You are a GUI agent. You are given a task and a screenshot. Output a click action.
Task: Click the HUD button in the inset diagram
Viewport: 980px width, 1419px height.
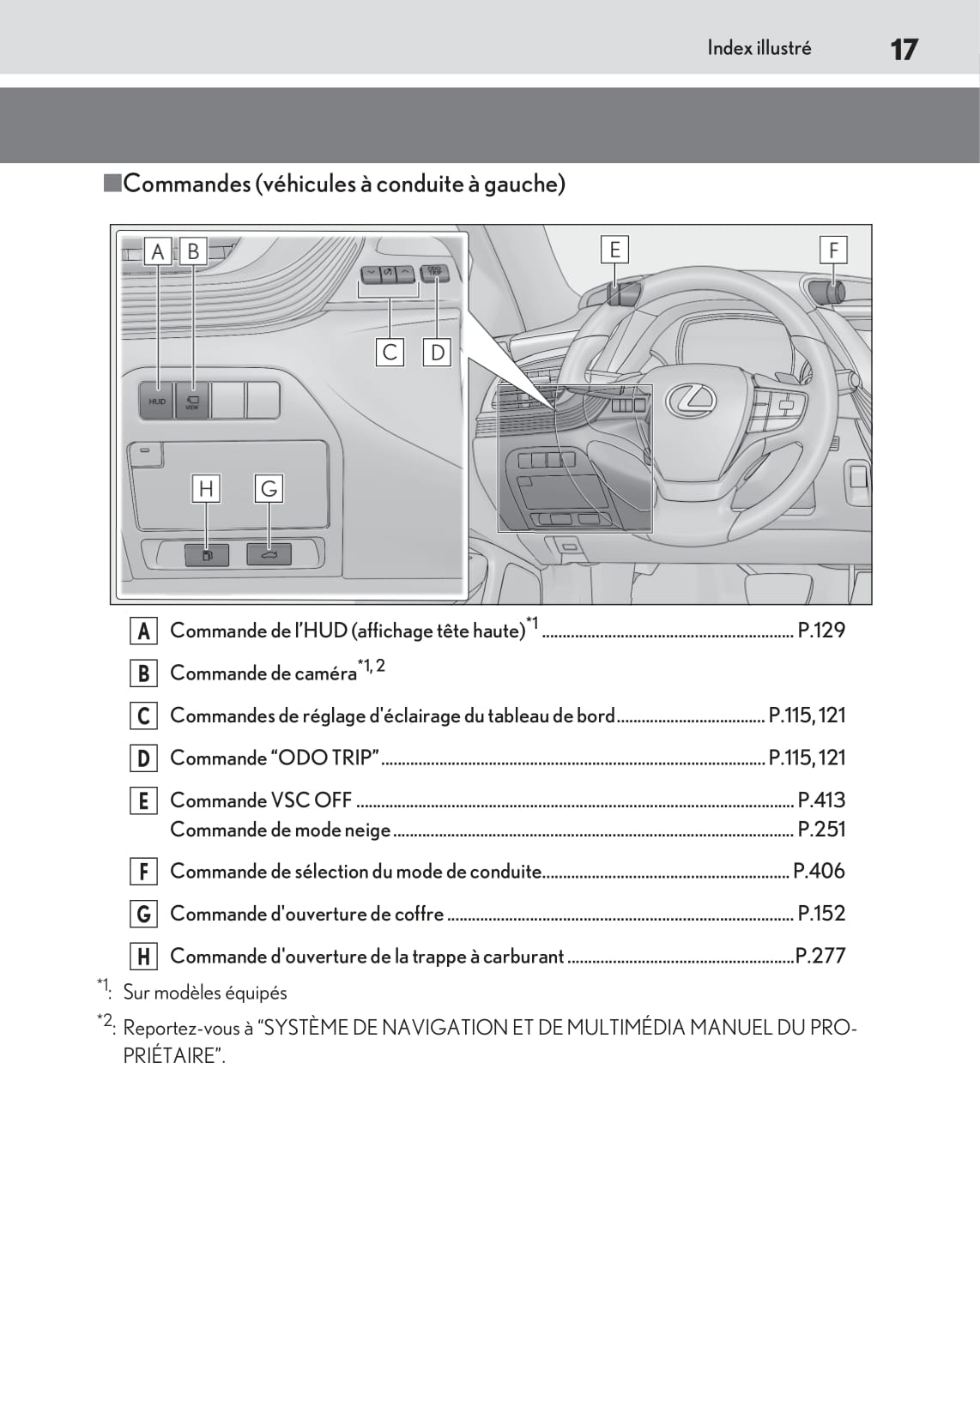click(157, 401)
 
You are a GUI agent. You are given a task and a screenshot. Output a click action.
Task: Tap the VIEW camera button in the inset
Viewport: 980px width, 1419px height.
click(192, 401)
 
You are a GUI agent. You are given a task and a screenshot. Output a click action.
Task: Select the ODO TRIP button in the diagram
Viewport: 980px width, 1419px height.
click(435, 273)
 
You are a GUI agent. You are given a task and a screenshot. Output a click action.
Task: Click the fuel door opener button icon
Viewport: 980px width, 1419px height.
click(207, 555)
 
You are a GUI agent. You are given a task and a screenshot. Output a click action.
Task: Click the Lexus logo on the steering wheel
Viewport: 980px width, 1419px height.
click(692, 397)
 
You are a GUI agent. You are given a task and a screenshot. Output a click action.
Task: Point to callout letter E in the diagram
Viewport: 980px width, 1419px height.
click(614, 250)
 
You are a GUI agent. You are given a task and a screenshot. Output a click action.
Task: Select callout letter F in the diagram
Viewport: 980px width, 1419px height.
click(832, 250)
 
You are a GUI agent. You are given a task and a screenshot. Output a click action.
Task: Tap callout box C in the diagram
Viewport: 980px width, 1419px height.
click(390, 352)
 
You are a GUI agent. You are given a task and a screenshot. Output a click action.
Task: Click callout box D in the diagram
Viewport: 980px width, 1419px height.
click(438, 352)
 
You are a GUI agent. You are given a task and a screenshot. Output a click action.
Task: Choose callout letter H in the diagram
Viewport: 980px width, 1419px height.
click(206, 489)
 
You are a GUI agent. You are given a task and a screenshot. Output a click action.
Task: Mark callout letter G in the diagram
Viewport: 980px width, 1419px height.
click(269, 489)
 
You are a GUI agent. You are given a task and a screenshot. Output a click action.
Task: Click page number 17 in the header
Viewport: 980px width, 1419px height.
click(904, 49)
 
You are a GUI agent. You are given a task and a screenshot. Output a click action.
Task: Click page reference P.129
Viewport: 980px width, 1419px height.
click(821, 631)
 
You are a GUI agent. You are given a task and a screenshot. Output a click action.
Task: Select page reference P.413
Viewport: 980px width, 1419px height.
click(821, 800)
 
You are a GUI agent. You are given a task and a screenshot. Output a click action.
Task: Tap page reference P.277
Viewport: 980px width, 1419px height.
click(820, 956)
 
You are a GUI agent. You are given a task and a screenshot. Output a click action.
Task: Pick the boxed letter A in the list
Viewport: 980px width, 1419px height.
click(143, 631)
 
